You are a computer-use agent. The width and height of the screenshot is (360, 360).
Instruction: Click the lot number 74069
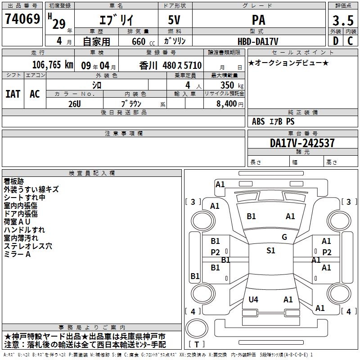click(22, 19)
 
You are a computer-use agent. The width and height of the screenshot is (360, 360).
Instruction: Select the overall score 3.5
click(343, 20)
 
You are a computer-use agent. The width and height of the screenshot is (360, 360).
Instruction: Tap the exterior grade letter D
click(336, 41)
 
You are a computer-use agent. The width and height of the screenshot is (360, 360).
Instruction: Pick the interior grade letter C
click(350, 41)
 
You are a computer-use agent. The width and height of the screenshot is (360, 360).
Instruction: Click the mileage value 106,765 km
click(53, 65)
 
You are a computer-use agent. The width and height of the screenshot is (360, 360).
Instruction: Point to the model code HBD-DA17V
click(258, 41)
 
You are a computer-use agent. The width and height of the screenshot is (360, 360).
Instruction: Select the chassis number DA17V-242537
click(302, 143)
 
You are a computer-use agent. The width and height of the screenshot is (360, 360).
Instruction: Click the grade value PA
click(258, 20)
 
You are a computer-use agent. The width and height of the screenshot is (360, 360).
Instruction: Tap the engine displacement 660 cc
click(143, 41)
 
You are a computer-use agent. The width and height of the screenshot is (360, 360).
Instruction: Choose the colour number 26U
click(75, 104)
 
